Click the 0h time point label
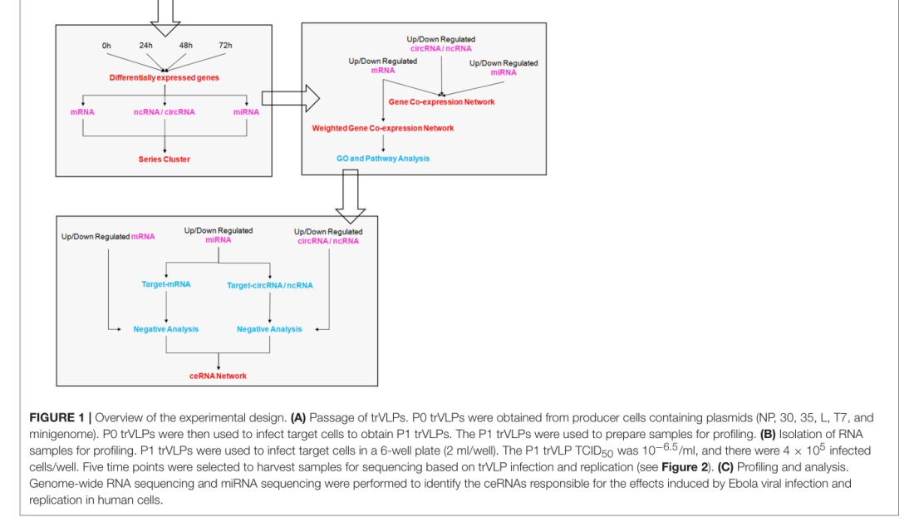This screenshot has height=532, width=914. click(106, 45)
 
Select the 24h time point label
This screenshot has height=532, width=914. click(146, 45)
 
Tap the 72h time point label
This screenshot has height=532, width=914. click(225, 45)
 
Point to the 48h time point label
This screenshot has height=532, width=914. click(186, 45)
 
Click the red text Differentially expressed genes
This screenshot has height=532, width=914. click(165, 77)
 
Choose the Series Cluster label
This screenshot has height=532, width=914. click(164, 159)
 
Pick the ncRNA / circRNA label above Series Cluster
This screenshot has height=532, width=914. click(164, 111)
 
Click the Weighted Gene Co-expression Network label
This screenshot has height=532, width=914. click(383, 128)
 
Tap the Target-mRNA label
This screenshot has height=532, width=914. click(166, 284)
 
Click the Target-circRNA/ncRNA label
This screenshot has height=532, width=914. click(270, 285)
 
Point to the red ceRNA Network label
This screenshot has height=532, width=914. click(219, 376)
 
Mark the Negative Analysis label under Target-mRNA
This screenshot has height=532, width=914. click(166, 329)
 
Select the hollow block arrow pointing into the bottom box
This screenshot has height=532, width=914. click(350, 196)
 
